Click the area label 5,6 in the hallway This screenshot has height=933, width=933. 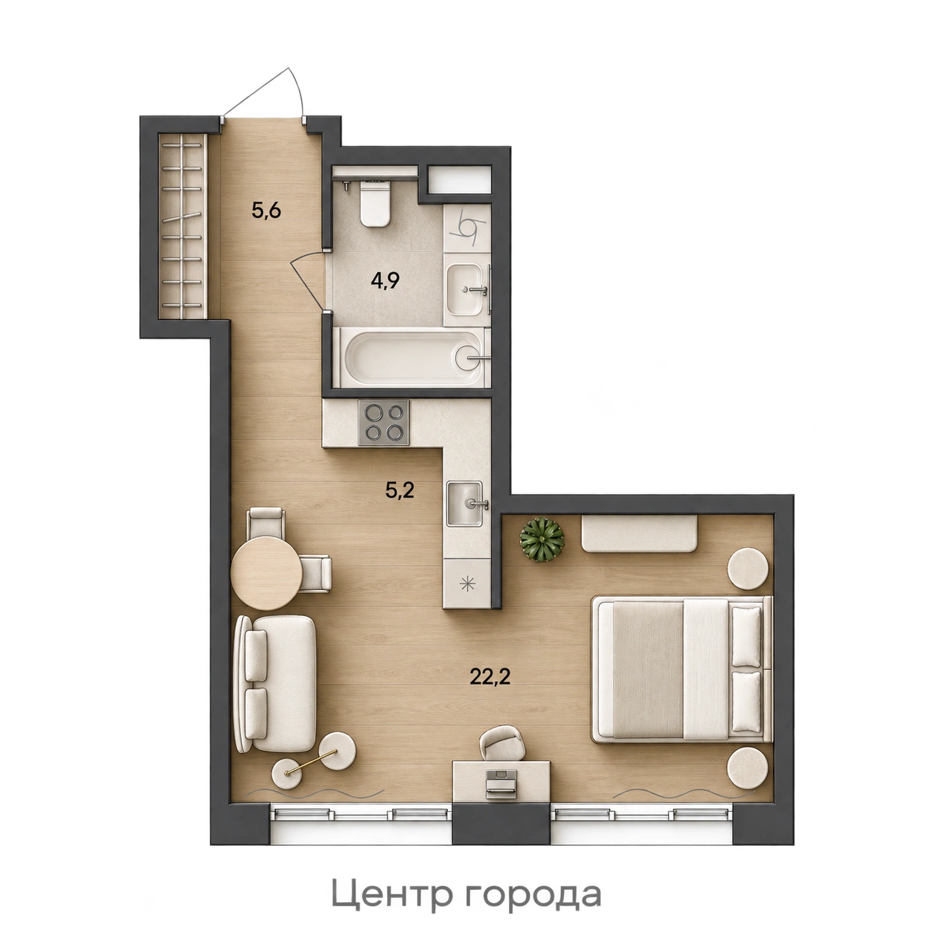click(x=267, y=211)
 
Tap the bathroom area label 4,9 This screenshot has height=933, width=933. click(x=385, y=280)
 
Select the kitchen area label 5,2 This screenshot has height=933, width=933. click(x=400, y=491)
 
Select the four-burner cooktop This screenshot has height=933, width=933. click(x=383, y=423)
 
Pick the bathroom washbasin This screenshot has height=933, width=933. click(x=467, y=289)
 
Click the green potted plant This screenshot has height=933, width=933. click(x=542, y=540)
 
